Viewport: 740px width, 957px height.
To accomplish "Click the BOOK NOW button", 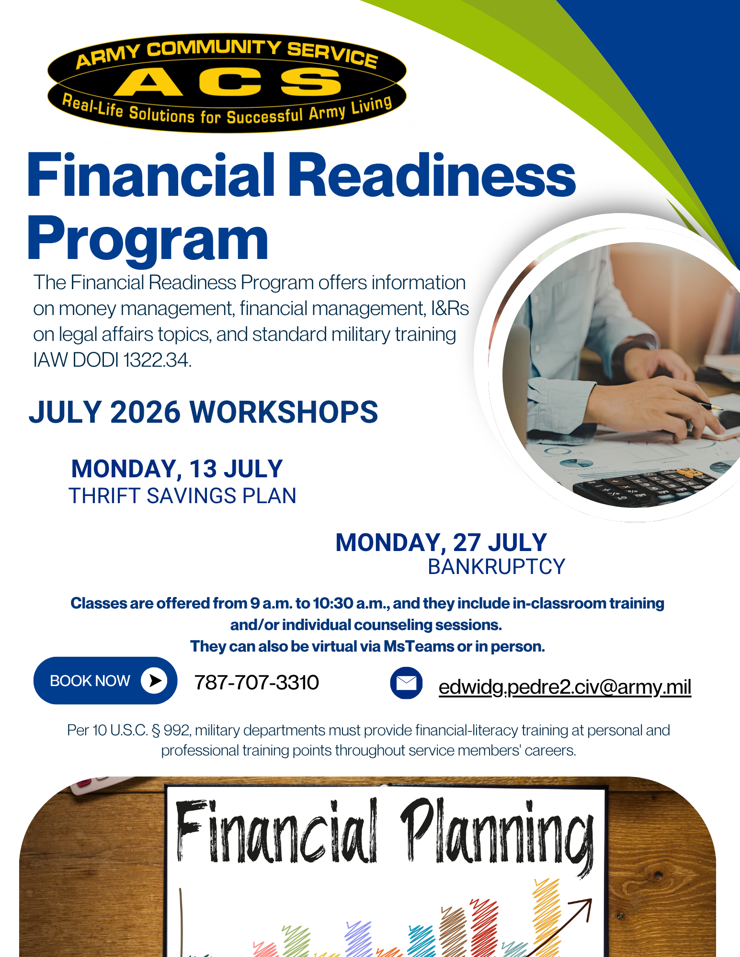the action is [x=105, y=680].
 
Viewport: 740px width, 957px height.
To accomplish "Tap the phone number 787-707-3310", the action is [x=257, y=682].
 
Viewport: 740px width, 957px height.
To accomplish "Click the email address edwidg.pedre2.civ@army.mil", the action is [x=565, y=687].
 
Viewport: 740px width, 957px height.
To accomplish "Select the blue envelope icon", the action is [x=406, y=683].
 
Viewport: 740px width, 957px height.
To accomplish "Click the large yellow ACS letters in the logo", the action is [x=228, y=81].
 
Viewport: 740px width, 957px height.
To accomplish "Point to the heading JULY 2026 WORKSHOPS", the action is [x=204, y=412].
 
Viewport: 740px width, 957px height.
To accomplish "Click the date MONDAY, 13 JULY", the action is [x=177, y=469].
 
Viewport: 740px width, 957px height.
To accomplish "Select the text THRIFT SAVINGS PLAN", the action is [x=182, y=496].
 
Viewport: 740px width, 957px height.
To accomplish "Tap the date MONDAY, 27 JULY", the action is [x=441, y=542].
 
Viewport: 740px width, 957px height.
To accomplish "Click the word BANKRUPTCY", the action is [x=497, y=567].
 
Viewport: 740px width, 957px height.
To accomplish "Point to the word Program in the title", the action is [x=148, y=238].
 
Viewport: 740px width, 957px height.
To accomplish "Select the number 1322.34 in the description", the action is [x=157, y=360].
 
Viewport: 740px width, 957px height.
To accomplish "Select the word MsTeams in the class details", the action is [x=419, y=646].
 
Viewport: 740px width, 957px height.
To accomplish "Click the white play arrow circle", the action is [x=154, y=680].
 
